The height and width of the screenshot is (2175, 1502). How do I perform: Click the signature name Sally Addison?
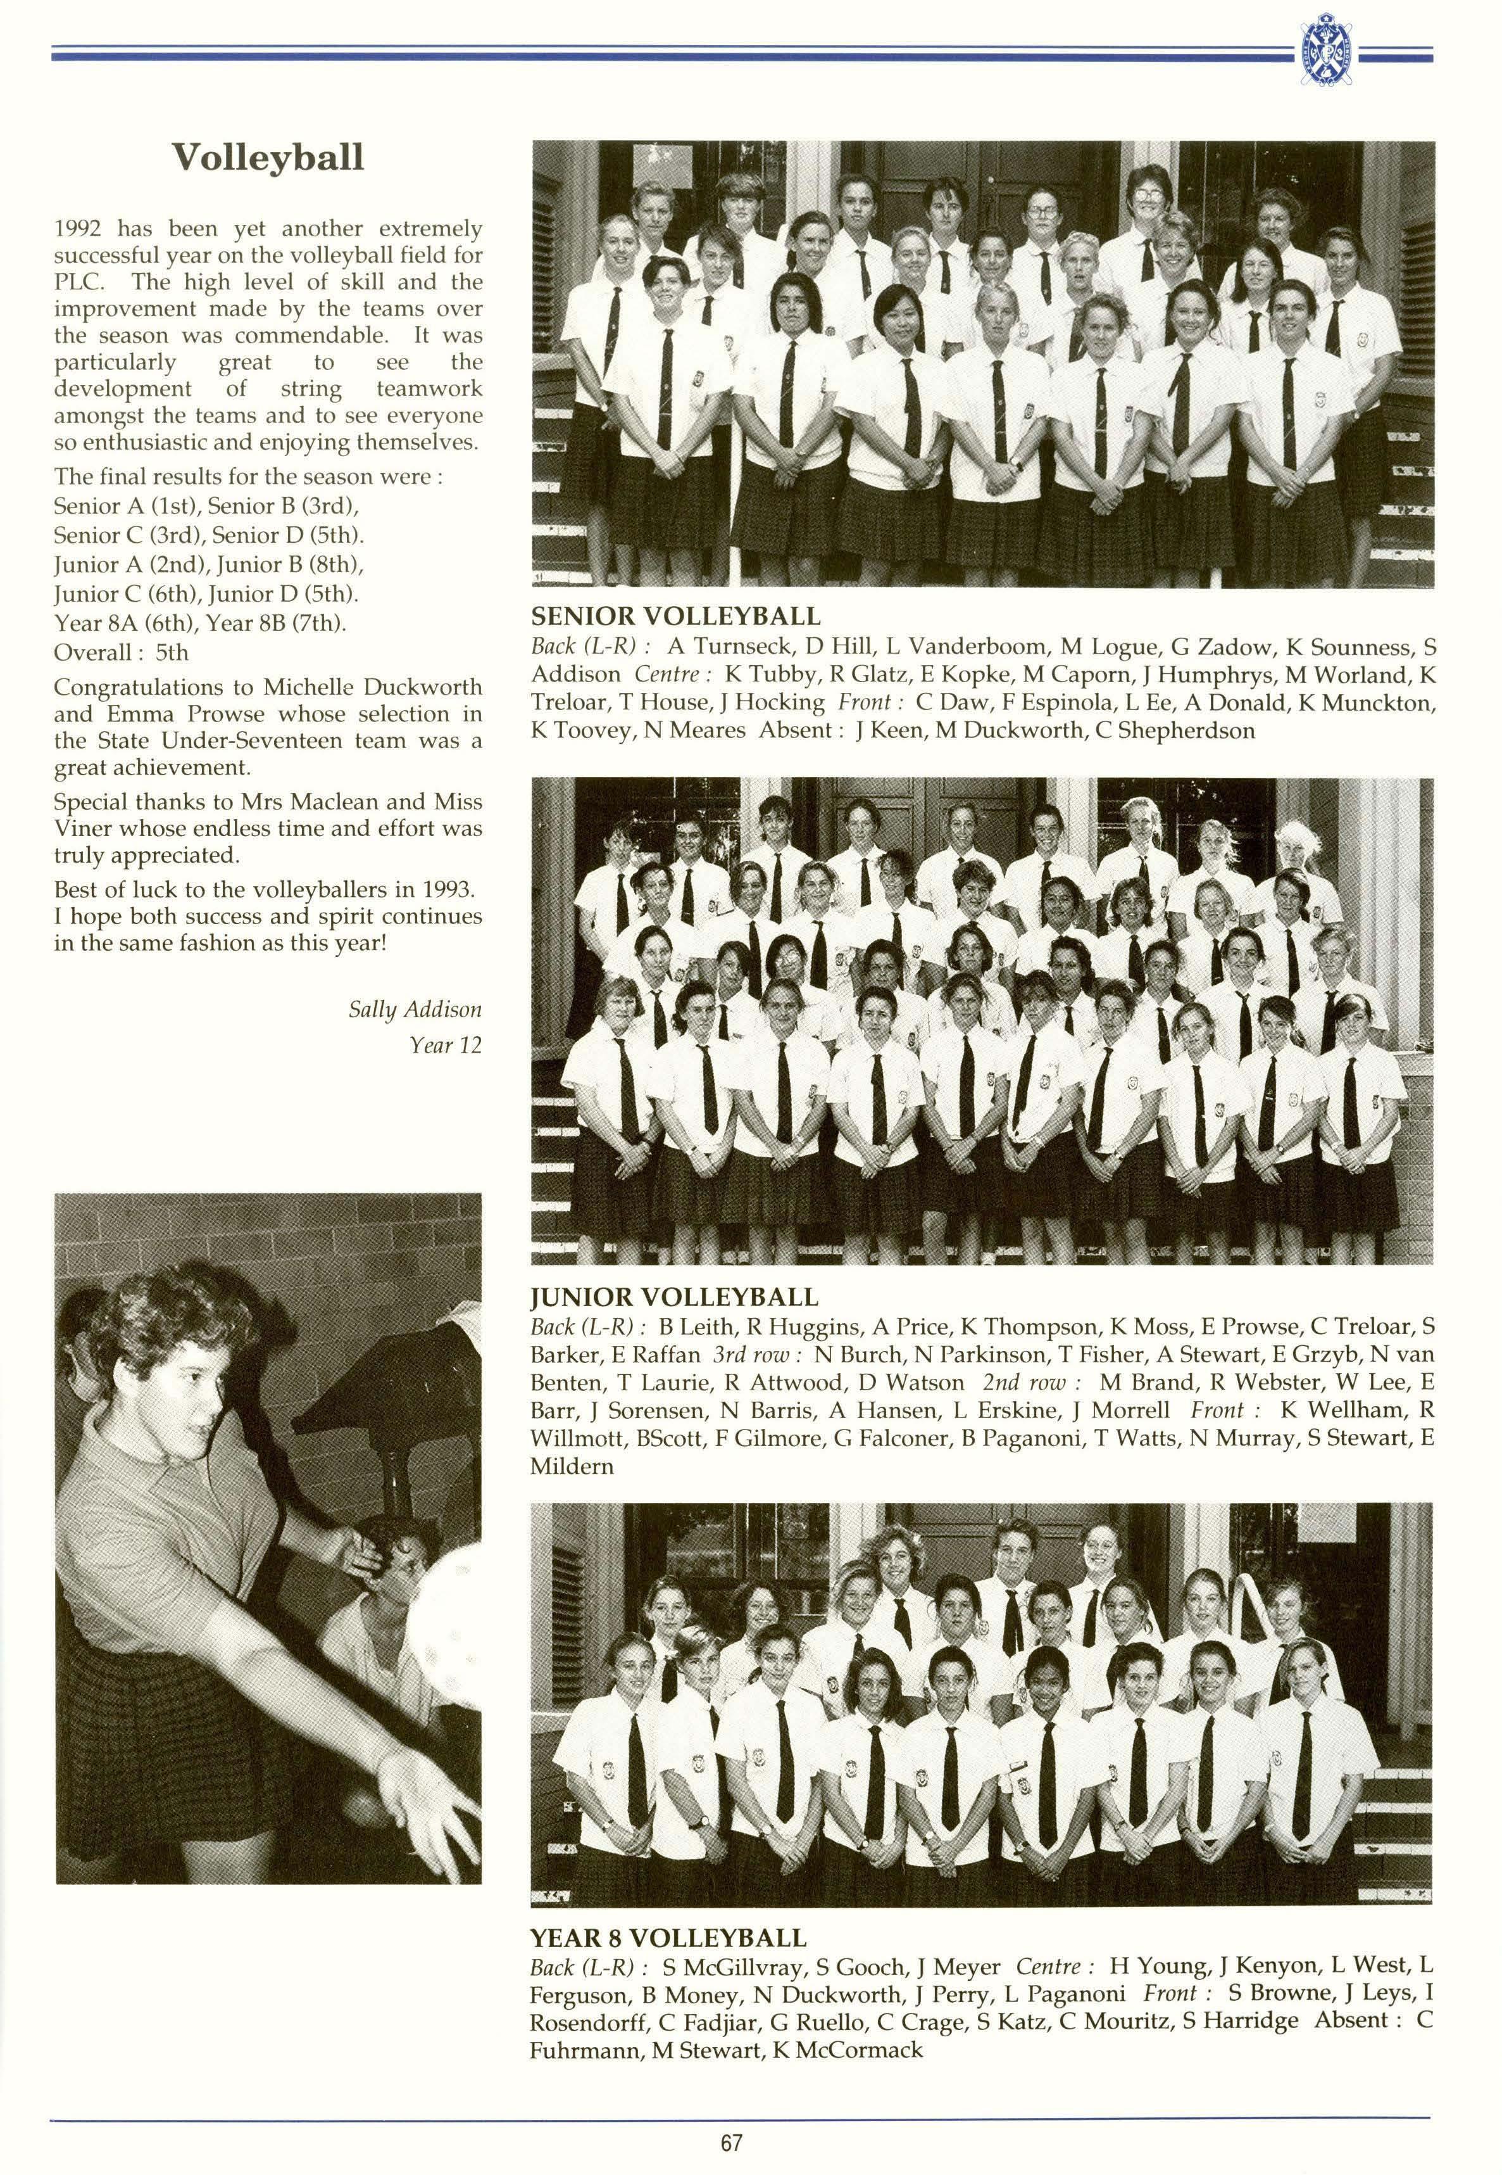[414, 1010]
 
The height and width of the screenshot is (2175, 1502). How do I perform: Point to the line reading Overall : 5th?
[120, 652]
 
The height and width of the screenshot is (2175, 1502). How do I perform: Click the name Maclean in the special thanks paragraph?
[363, 802]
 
